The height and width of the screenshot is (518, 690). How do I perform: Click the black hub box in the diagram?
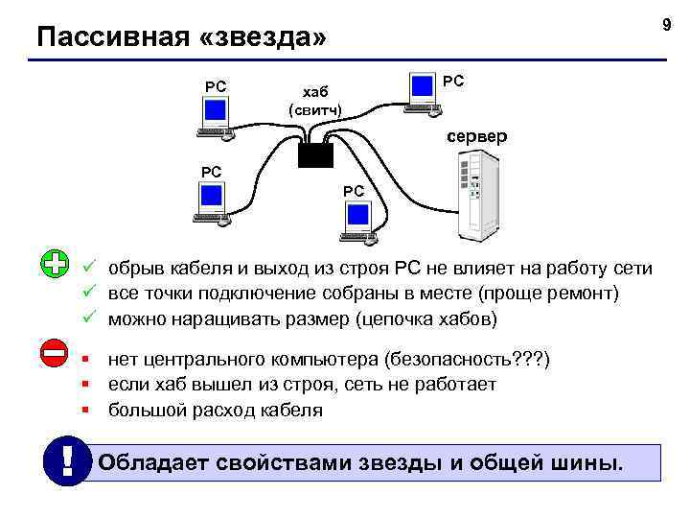(x=314, y=155)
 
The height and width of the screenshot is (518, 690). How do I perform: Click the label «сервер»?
(x=476, y=136)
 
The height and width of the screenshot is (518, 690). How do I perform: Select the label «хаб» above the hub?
(x=315, y=92)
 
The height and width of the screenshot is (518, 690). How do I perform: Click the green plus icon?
(x=56, y=264)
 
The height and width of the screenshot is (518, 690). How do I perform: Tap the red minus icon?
(x=55, y=353)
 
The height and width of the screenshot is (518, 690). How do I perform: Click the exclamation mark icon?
(x=66, y=461)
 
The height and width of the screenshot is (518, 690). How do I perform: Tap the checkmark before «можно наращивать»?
(x=88, y=318)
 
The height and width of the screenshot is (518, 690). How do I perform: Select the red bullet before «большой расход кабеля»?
(x=86, y=411)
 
